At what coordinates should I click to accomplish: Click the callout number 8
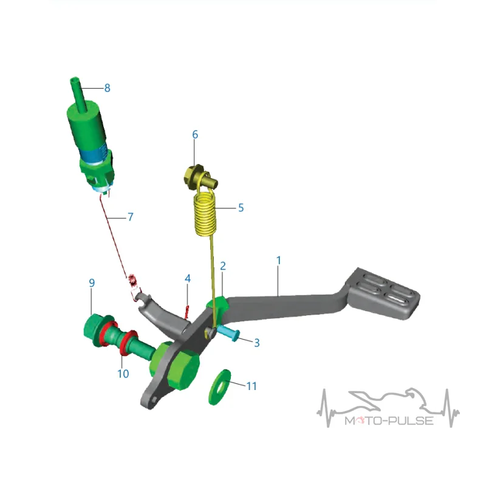coord(108,88)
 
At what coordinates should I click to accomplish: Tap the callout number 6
coord(195,134)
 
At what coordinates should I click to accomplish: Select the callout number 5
coord(241,208)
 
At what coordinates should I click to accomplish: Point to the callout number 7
coord(131,217)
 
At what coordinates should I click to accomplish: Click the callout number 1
coord(279,261)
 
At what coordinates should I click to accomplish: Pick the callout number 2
coord(223,266)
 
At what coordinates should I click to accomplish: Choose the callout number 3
coord(256,343)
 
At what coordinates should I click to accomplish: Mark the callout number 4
coord(188,279)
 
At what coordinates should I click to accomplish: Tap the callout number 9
coord(92,283)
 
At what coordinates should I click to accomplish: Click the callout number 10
coord(123,374)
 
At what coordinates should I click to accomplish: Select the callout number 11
coord(252,386)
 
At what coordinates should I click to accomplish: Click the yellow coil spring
coord(205,214)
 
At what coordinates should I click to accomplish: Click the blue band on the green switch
coord(93,154)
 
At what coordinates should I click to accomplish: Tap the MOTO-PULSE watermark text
coord(389,420)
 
